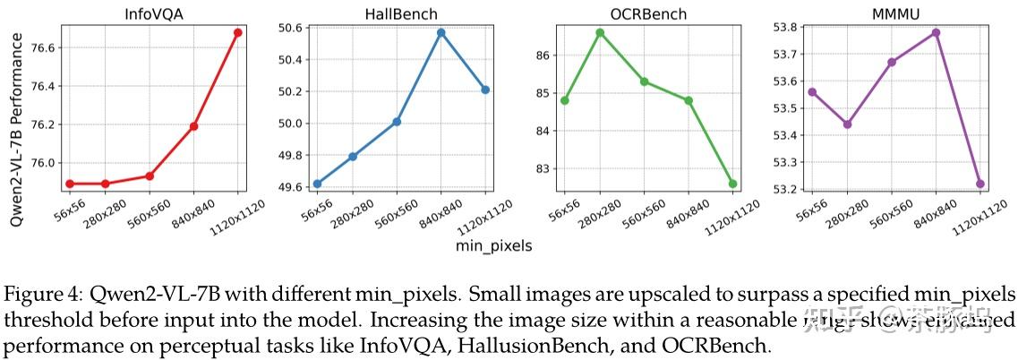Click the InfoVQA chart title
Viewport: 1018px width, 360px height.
coord(153,13)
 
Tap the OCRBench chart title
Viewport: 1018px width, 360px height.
coord(647,13)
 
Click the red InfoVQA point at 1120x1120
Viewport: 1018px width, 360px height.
coord(237,32)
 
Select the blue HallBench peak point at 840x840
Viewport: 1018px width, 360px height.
coord(441,32)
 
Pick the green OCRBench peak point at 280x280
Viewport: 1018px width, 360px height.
coord(600,32)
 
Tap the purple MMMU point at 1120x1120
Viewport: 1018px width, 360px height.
coord(981,184)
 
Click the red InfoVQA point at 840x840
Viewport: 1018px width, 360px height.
coord(193,126)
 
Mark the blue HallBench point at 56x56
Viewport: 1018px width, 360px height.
coord(318,184)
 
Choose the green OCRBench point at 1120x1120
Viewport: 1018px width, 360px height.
coord(733,184)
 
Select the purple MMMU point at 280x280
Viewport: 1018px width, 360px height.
coord(847,124)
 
